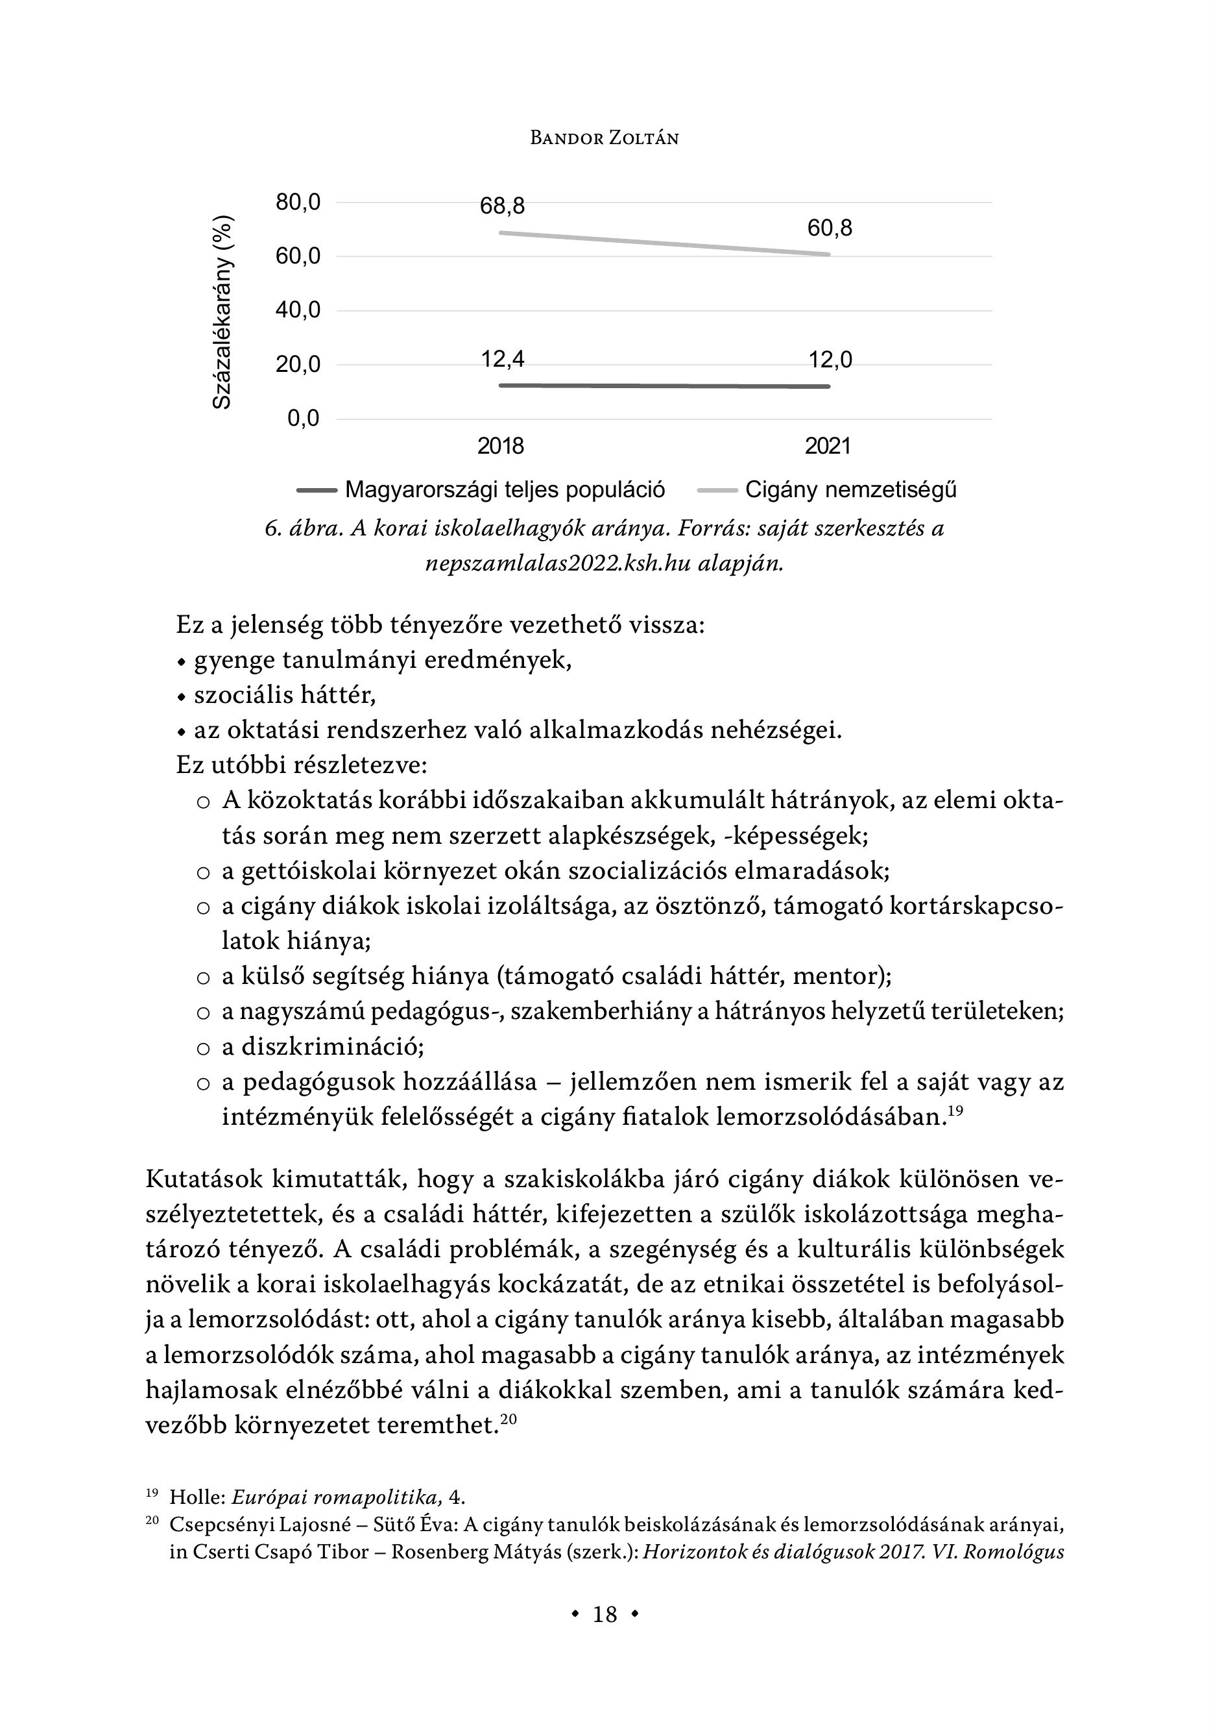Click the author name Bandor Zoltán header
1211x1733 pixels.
pos(605,138)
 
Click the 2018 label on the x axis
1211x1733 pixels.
pos(500,446)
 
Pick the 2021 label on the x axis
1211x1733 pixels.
pos(828,446)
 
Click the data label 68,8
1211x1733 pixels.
pos(503,206)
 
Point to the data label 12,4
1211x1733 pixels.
pos(503,360)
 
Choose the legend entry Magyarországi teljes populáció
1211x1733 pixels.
pos(505,490)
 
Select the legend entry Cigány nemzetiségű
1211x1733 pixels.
pos(850,490)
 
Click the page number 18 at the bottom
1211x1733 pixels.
pos(605,1614)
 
